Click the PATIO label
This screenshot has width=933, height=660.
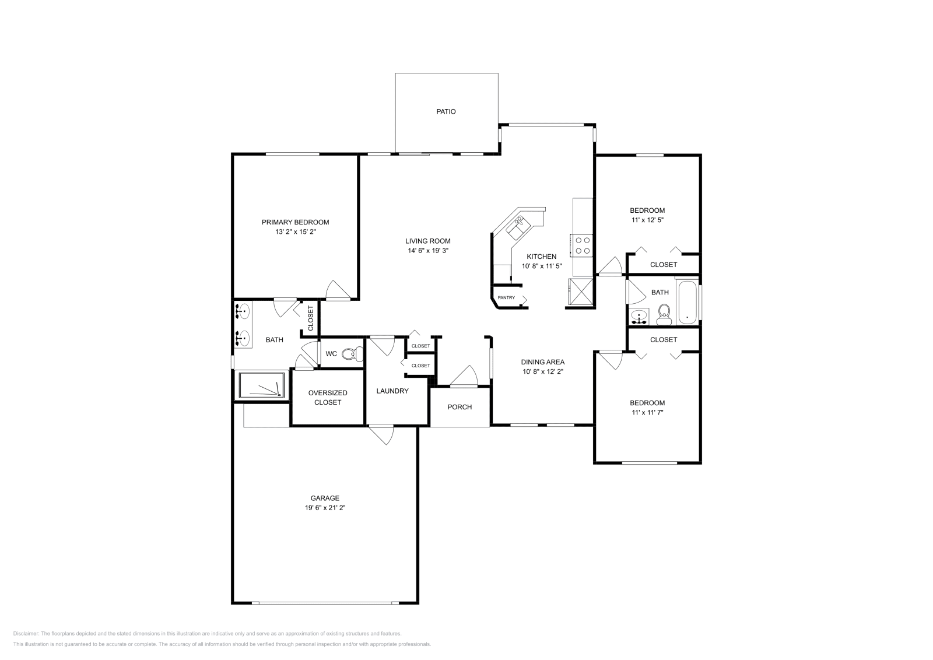[x=446, y=111]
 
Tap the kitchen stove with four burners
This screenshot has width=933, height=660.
[x=582, y=244]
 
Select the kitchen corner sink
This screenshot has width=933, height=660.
[x=517, y=226]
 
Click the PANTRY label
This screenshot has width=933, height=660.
[x=506, y=298]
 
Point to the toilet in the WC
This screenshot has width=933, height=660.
[x=352, y=353]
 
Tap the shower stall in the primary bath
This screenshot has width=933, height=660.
[x=261, y=385]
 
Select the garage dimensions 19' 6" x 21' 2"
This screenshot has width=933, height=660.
[x=325, y=508]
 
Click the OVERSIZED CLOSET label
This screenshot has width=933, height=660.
[x=328, y=398]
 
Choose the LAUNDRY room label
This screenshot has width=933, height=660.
[x=392, y=391]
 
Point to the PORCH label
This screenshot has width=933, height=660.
[x=460, y=407]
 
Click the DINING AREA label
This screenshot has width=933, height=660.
[x=543, y=362]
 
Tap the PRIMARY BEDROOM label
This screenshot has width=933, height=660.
[x=295, y=222]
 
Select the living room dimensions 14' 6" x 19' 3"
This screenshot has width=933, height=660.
[x=428, y=251]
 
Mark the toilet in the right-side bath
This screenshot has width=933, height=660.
[x=664, y=315]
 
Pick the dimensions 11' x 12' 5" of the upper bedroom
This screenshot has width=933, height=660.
[x=647, y=220]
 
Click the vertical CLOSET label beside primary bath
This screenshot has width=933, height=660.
[x=310, y=317]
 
